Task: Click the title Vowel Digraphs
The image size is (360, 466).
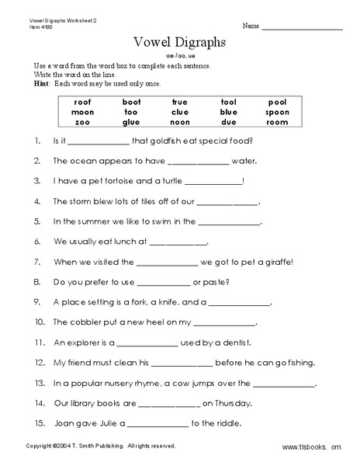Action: [x=180, y=43]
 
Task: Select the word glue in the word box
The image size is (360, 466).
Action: [x=131, y=123]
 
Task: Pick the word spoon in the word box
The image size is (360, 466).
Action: [x=277, y=113]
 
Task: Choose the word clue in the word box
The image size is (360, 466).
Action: [x=180, y=113]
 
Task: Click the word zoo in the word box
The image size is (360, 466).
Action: [x=83, y=123]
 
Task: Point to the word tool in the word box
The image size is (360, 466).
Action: [x=228, y=102]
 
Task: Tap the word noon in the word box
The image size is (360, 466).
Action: [x=180, y=123]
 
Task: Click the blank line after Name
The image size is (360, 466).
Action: [x=302, y=28]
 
